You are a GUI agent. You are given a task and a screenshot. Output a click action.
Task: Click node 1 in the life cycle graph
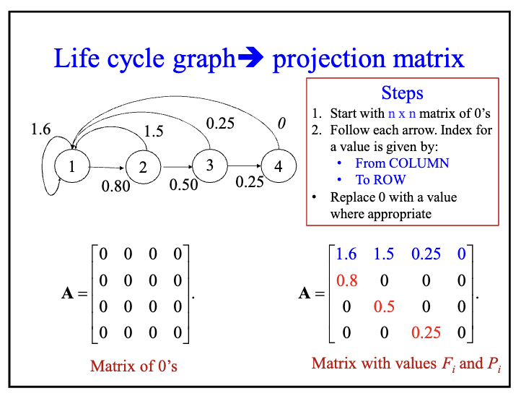(x=72, y=167)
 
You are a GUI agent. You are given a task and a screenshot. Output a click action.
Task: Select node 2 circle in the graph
(x=143, y=168)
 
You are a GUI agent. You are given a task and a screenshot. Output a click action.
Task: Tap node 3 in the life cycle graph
(x=209, y=165)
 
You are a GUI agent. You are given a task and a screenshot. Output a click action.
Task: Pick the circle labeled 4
(x=279, y=166)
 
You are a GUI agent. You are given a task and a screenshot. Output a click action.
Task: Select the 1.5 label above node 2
(x=152, y=132)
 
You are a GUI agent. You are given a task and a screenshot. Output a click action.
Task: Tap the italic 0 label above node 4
(x=281, y=124)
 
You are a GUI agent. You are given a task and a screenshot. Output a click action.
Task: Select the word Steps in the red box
(x=402, y=93)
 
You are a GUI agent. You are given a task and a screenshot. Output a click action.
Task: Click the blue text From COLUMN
(x=402, y=163)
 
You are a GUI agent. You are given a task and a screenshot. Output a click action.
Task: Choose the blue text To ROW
(x=381, y=179)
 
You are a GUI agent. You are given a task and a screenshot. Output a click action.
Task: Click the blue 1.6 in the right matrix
(x=346, y=254)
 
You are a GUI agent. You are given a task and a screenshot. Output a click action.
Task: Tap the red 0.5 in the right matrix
(x=384, y=306)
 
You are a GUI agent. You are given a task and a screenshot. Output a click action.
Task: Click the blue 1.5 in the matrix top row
(x=384, y=254)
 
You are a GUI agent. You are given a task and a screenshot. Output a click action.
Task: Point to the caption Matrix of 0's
(x=133, y=366)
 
